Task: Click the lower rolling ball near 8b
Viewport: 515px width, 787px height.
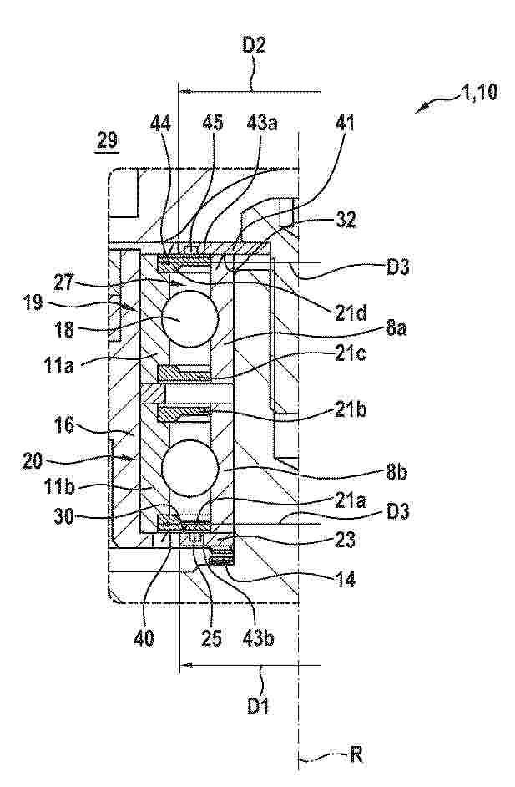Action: click(x=190, y=469)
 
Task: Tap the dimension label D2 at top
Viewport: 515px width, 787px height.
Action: click(x=254, y=45)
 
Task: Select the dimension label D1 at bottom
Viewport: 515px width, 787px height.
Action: click(x=258, y=706)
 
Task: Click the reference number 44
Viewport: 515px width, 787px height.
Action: click(x=160, y=123)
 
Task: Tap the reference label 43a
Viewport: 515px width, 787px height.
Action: click(x=262, y=123)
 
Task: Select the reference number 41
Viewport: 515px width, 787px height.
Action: click(x=345, y=123)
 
